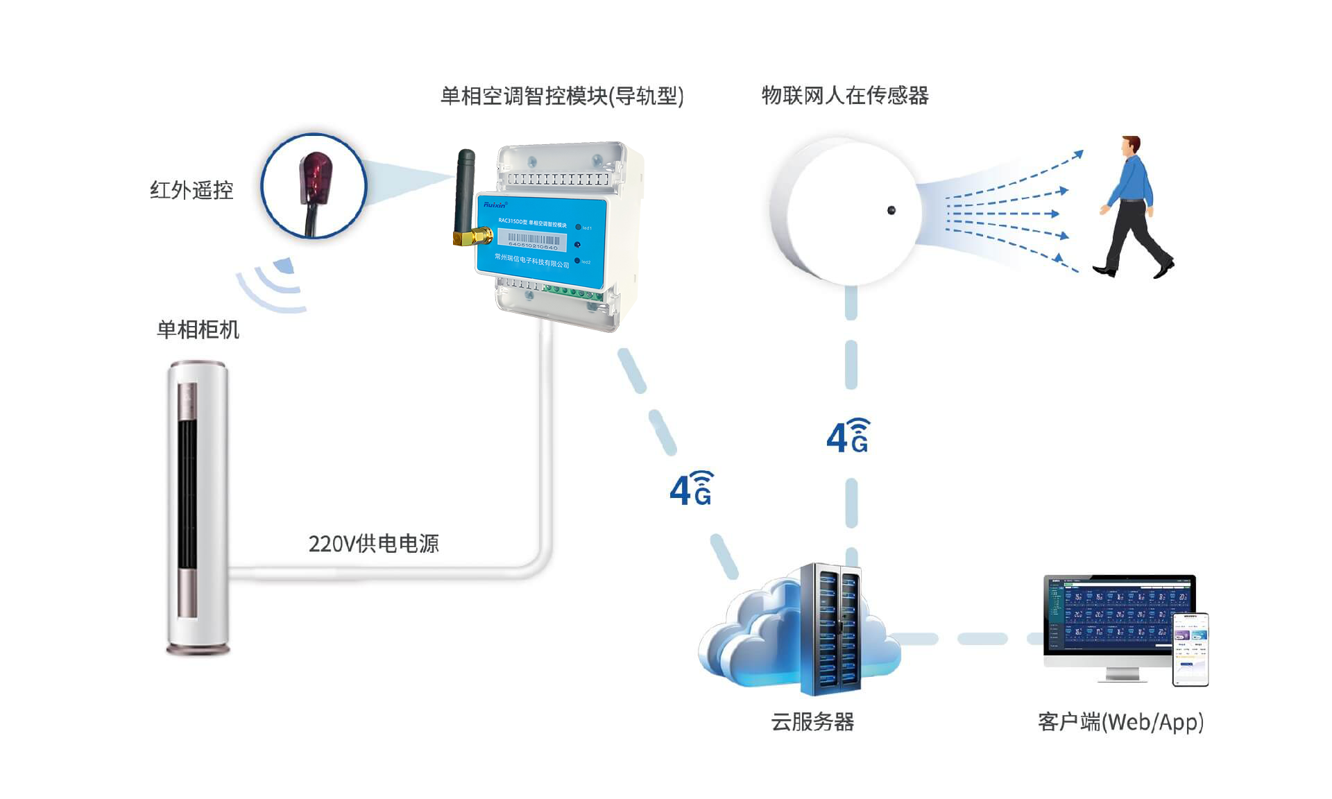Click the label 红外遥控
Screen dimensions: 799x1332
click(191, 190)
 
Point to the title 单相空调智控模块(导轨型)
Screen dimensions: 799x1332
click(562, 96)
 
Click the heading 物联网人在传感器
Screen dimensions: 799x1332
click(844, 95)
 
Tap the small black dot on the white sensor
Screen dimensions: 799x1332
click(891, 210)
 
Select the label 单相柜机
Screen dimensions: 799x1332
click(198, 329)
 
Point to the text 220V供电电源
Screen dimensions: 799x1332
click(373, 544)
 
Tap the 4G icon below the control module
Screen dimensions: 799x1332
click(691, 488)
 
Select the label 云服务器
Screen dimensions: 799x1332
click(812, 722)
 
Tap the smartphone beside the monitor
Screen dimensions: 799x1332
click(1190, 650)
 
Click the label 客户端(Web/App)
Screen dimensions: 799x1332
click(1120, 722)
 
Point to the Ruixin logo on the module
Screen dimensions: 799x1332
click(495, 205)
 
